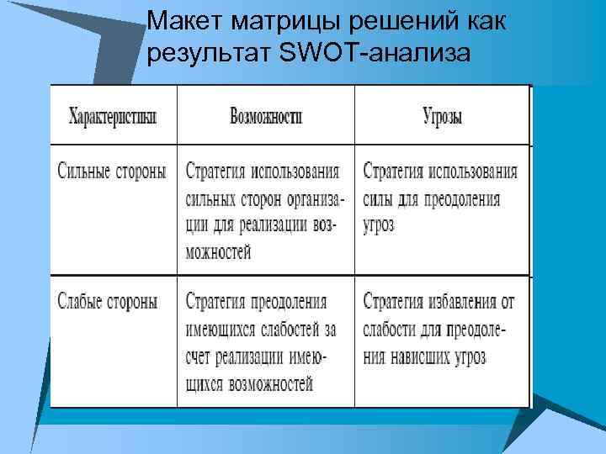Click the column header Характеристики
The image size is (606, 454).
tap(113, 116)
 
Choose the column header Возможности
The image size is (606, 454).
tap(266, 116)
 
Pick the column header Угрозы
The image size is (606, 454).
tap(442, 116)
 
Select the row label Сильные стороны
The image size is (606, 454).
tap(112, 172)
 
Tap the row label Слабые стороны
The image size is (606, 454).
tap(106, 300)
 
